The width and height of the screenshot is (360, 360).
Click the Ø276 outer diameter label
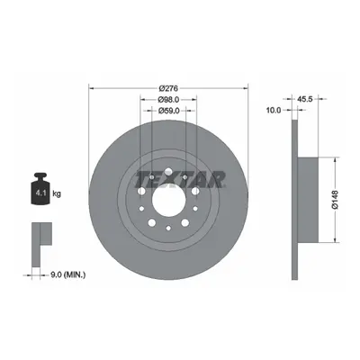coord(168,88)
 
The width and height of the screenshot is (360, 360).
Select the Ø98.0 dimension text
coord(168,99)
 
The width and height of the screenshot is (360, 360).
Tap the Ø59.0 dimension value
coord(168,111)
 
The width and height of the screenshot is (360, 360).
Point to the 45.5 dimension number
coord(305,99)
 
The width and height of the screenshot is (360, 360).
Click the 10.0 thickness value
coord(274,111)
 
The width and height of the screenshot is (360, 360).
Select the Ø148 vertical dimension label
coord(335,199)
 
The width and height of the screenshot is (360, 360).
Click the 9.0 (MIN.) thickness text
coord(67,274)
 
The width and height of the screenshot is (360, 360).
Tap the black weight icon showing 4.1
coord(40,189)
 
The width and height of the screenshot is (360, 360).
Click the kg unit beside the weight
coord(57,193)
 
